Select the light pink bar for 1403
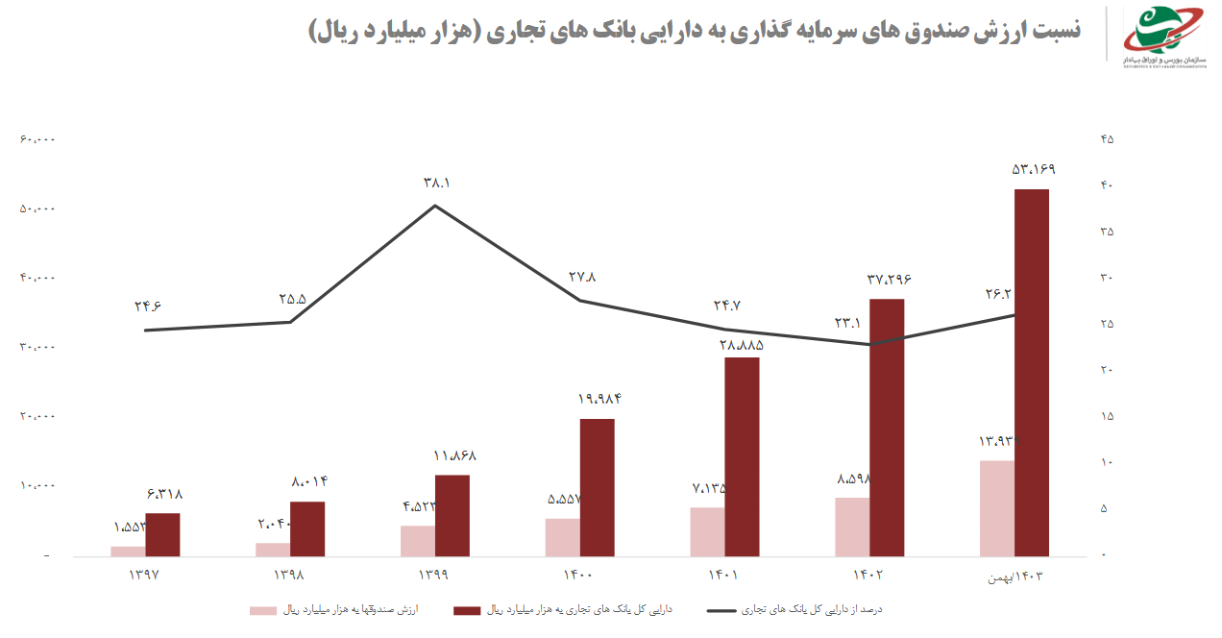[x=996, y=508]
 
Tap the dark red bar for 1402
[x=887, y=428]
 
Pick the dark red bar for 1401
[x=742, y=456]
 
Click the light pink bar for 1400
[x=562, y=537]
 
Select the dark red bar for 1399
[x=452, y=515]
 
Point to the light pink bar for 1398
[x=273, y=550]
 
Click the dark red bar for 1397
[x=162, y=534]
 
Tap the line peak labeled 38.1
[x=435, y=205]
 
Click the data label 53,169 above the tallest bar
[x=1033, y=170]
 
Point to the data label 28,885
[x=742, y=343]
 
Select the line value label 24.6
[x=148, y=307]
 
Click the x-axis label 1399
[x=435, y=576]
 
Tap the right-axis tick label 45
[x=1107, y=139]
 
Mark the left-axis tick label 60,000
[x=37, y=139]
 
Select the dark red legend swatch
[x=467, y=610]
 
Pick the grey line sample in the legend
[x=729, y=610]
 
